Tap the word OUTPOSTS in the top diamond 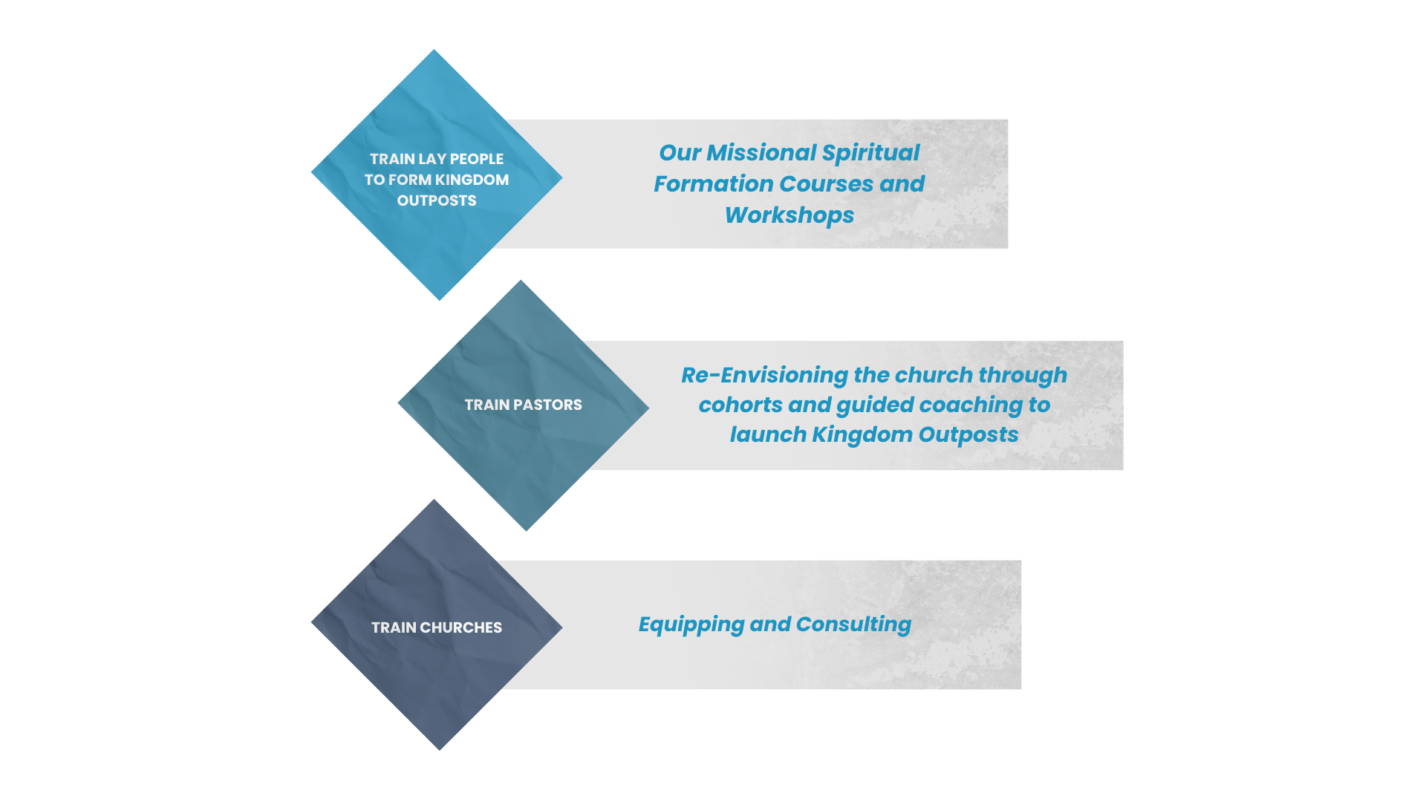[437, 200]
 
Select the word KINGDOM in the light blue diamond [472, 180]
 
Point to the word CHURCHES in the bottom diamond [461, 627]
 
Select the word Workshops [789, 215]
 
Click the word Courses [826, 184]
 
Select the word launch [767, 434]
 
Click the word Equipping [691, 625]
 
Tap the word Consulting [853, 625]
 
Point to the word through [1023, 375]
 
